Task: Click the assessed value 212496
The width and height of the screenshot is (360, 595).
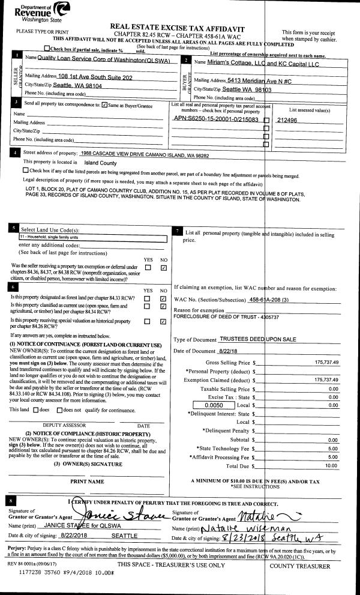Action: tap(287, 119)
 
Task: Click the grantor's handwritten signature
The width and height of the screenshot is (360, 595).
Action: tap(123, 516)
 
